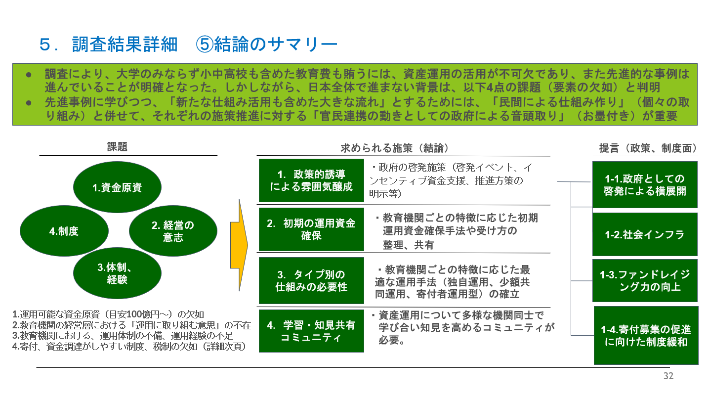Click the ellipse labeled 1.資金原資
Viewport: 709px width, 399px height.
[x=117, y=187]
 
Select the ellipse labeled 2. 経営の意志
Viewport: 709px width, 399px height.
[x=173, y=231]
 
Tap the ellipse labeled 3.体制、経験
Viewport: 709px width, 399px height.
[x=117, y=273]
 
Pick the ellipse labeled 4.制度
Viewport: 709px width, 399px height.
[x=64, y=231]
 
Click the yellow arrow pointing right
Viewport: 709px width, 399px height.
[x=239, y=245]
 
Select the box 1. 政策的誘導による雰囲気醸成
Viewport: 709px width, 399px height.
[x=311, y=180]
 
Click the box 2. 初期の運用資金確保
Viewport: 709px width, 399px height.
[x=311, y=229]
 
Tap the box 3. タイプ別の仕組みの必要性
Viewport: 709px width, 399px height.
[x=311, y=280]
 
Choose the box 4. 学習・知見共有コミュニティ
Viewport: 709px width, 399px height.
[x=311, y=331]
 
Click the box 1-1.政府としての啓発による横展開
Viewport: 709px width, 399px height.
[x=645, y=184]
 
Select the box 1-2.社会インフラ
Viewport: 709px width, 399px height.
[x=645, y=234]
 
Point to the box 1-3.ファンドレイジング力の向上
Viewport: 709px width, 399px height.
[x=645, y=280]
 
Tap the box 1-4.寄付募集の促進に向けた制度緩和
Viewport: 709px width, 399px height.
[x=646, y=335]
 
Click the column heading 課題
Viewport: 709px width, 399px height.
[x=117, y=147]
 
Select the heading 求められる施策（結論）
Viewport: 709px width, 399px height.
[x=395, y=148]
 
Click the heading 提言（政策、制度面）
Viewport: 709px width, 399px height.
[x=648, y=148]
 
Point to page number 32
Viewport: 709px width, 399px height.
[x=668, y=376]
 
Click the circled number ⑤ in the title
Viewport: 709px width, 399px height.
[x=205, y=44]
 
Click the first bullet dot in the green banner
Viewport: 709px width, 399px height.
[x=29, y=75]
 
